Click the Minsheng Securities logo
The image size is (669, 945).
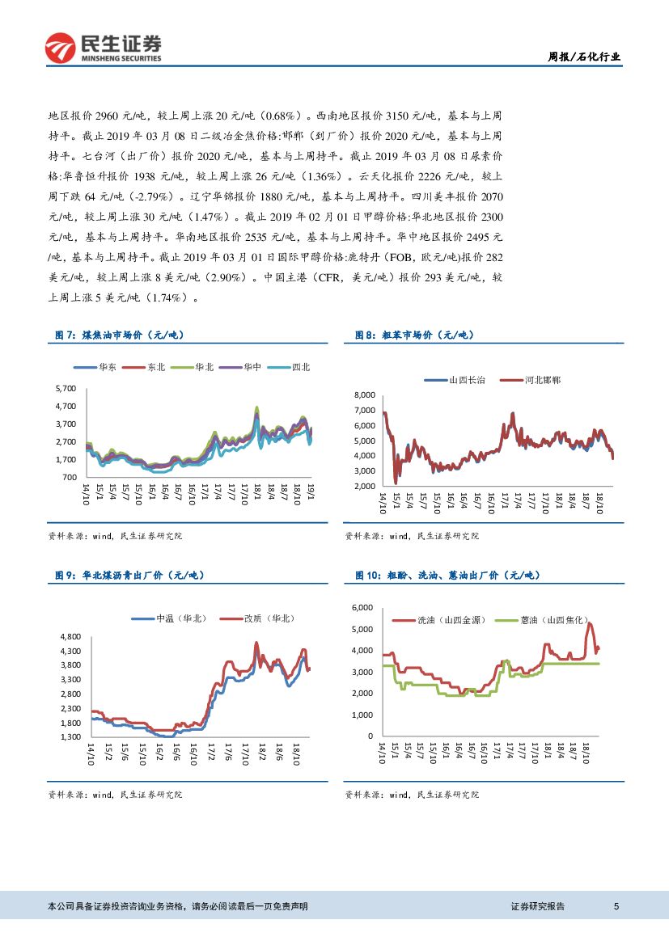pos(103,48)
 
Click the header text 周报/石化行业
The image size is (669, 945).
pos(584,57)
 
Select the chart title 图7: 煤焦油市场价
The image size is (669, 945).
pos(124,335)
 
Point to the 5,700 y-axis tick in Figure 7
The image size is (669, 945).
pos(65,389)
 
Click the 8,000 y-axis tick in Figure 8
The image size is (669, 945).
pos(365,394)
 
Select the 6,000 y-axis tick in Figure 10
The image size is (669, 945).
pos(361,608)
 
